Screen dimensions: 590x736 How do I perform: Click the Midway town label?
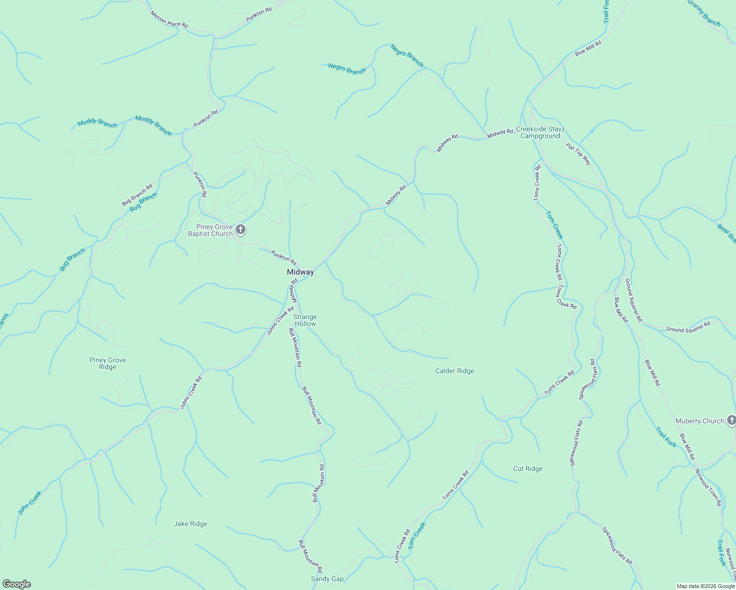tap(300, 272)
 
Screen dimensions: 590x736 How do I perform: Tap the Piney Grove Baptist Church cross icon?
tap(241, 229)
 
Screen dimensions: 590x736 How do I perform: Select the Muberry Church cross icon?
tap(731, 420)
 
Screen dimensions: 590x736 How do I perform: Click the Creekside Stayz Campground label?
tap(540, 133)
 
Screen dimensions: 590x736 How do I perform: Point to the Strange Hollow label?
tap(305, 320)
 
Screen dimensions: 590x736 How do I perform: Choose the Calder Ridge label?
tap(455, 371)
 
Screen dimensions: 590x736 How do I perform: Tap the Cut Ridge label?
tap(527, 469)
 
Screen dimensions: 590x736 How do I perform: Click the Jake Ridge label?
tap(190, 524)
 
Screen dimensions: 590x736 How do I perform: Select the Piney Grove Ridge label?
tap(108, 363)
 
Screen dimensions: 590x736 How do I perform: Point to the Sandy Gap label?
tap(327, 579)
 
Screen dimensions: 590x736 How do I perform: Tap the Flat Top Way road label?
tap(579, 154)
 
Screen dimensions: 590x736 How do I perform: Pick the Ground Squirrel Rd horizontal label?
tap(688, 327)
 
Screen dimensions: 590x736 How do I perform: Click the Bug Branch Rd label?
tap(137, 195)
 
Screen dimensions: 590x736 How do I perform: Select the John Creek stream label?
tap(30, 502)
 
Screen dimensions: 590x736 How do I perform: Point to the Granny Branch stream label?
tap(704, 13)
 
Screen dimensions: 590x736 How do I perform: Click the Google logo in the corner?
tap(16, 584)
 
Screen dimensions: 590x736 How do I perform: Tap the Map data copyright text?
tap(705, 586)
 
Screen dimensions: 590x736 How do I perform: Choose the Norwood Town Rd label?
tap(708, 487)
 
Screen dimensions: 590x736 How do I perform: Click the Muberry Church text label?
tap(700, 421)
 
